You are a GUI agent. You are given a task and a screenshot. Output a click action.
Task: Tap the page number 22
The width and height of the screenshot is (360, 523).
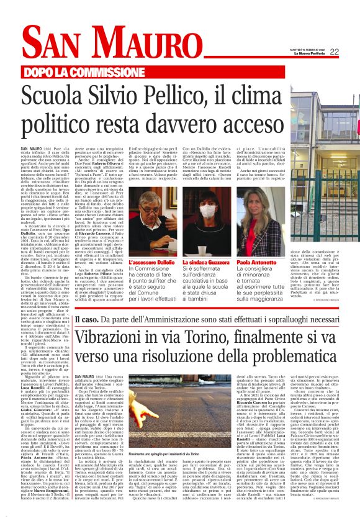334,52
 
